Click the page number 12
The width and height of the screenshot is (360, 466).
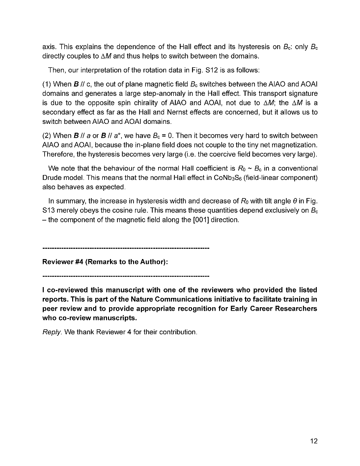pyautogui.click(x=313, y=441)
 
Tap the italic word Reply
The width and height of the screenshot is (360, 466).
pyautogui.click(x=52, y=332)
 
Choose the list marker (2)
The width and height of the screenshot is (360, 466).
pyautogui.click(x=48, y=136)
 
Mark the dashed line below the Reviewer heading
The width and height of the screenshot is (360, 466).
pyautogui.click(x=126, y=275)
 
